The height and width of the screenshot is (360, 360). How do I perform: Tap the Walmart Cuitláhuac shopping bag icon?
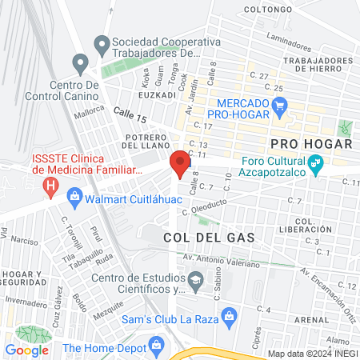[x=74, y=195]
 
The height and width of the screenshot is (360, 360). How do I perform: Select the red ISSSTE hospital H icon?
[x=51, y=188]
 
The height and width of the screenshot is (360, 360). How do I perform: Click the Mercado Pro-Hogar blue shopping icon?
[x=279, y=105]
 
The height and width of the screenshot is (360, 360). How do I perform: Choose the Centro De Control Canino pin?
[x=79, y=62]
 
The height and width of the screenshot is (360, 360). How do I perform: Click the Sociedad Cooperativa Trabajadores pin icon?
[x=101, y=42]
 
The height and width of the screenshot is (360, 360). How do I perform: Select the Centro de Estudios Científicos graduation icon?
[x=196, y=279]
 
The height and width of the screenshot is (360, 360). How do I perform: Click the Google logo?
[x=27, y=350]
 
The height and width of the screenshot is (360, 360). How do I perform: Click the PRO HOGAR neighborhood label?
[x=311, y=144]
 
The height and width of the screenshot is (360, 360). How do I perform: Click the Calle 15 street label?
[x=130, y=117]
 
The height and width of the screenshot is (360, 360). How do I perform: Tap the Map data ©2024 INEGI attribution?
[x=312, y=353]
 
